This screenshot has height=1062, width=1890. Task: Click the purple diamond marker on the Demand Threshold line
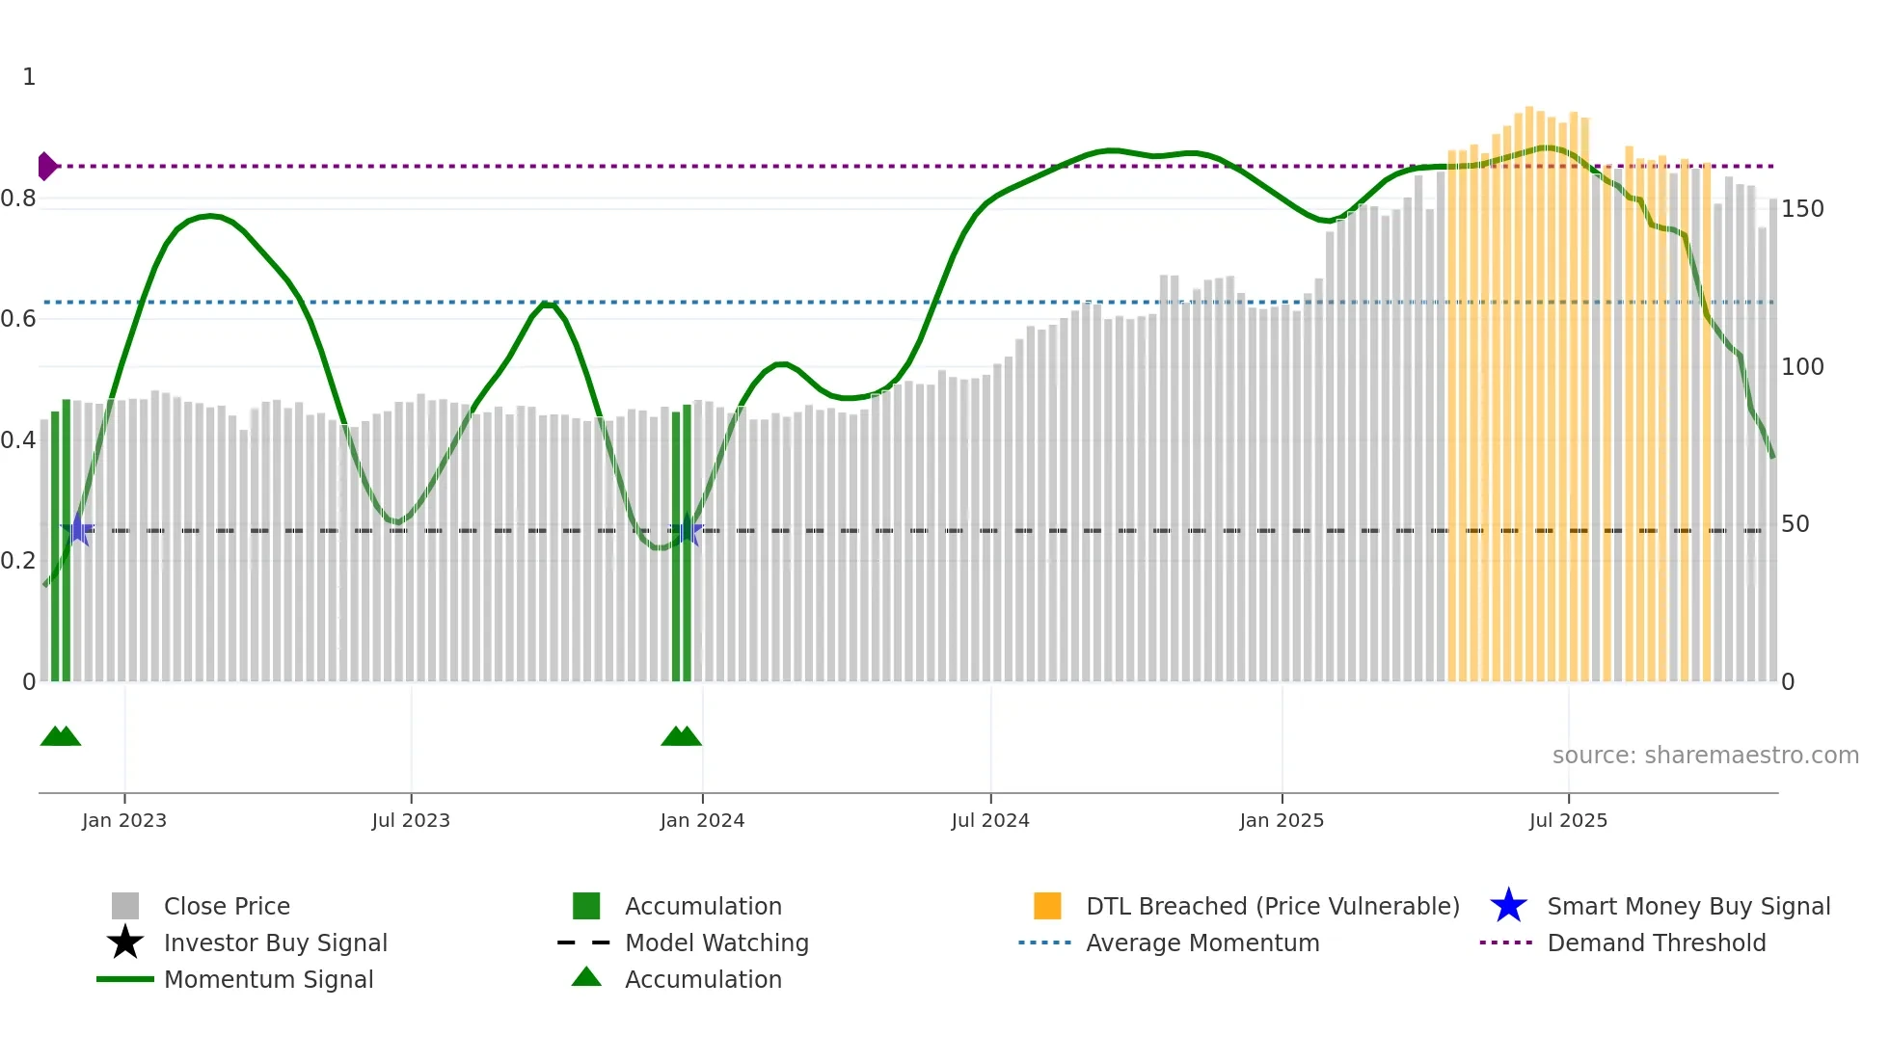46,166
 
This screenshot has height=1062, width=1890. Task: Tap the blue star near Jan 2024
686,530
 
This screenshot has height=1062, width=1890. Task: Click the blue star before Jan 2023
77,530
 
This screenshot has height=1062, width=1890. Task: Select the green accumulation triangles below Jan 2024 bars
681,736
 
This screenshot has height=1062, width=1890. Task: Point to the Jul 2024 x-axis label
990,820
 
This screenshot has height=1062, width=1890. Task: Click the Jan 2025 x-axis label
1282,820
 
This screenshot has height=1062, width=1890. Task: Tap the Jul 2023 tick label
411,820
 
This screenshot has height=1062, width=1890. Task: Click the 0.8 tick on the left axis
18,199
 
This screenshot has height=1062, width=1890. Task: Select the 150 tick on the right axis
1802,209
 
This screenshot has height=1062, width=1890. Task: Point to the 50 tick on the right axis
1795,524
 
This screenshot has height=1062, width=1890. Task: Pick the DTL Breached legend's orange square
1047,906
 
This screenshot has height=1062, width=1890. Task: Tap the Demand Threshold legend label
1656,943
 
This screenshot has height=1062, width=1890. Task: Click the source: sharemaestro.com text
1705,755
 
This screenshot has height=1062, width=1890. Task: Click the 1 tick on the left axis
29,77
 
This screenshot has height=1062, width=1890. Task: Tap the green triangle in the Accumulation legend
586,977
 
